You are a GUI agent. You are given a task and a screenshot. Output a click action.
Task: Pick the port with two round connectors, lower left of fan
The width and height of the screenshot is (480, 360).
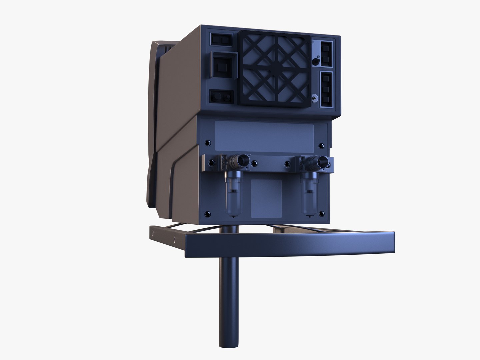[221, 97]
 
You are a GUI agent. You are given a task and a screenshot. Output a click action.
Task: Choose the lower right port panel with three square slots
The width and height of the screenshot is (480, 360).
[326, 89]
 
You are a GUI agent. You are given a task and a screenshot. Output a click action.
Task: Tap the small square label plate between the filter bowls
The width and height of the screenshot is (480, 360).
[266, 199]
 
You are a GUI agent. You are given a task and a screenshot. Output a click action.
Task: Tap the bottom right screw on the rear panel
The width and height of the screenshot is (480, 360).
[322, 213]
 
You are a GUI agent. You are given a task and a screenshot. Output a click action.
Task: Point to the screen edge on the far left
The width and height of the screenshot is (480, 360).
[151, 123]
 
